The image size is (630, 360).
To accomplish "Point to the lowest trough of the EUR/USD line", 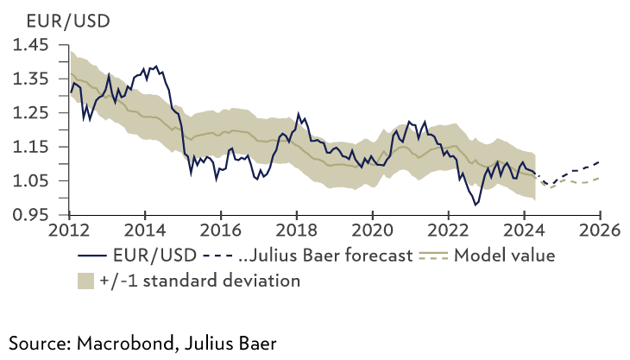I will click(x=475, y=205).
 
